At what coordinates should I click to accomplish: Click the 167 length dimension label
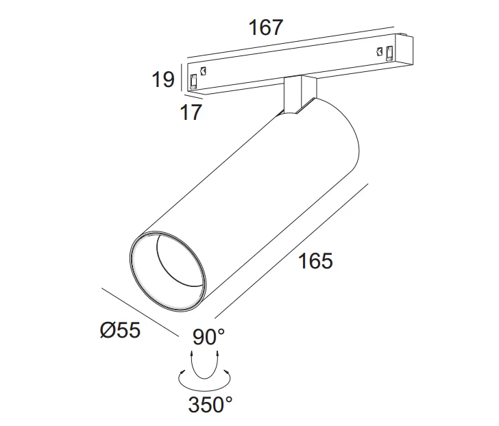click(265, 27)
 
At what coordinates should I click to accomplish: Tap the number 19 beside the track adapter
click(163, 79)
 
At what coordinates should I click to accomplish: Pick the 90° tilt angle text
click(208, 337)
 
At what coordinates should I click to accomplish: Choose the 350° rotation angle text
click(210, 405)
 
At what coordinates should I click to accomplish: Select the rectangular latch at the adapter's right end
click(389, 53)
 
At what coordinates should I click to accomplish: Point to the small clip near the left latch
click(204, 71)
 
